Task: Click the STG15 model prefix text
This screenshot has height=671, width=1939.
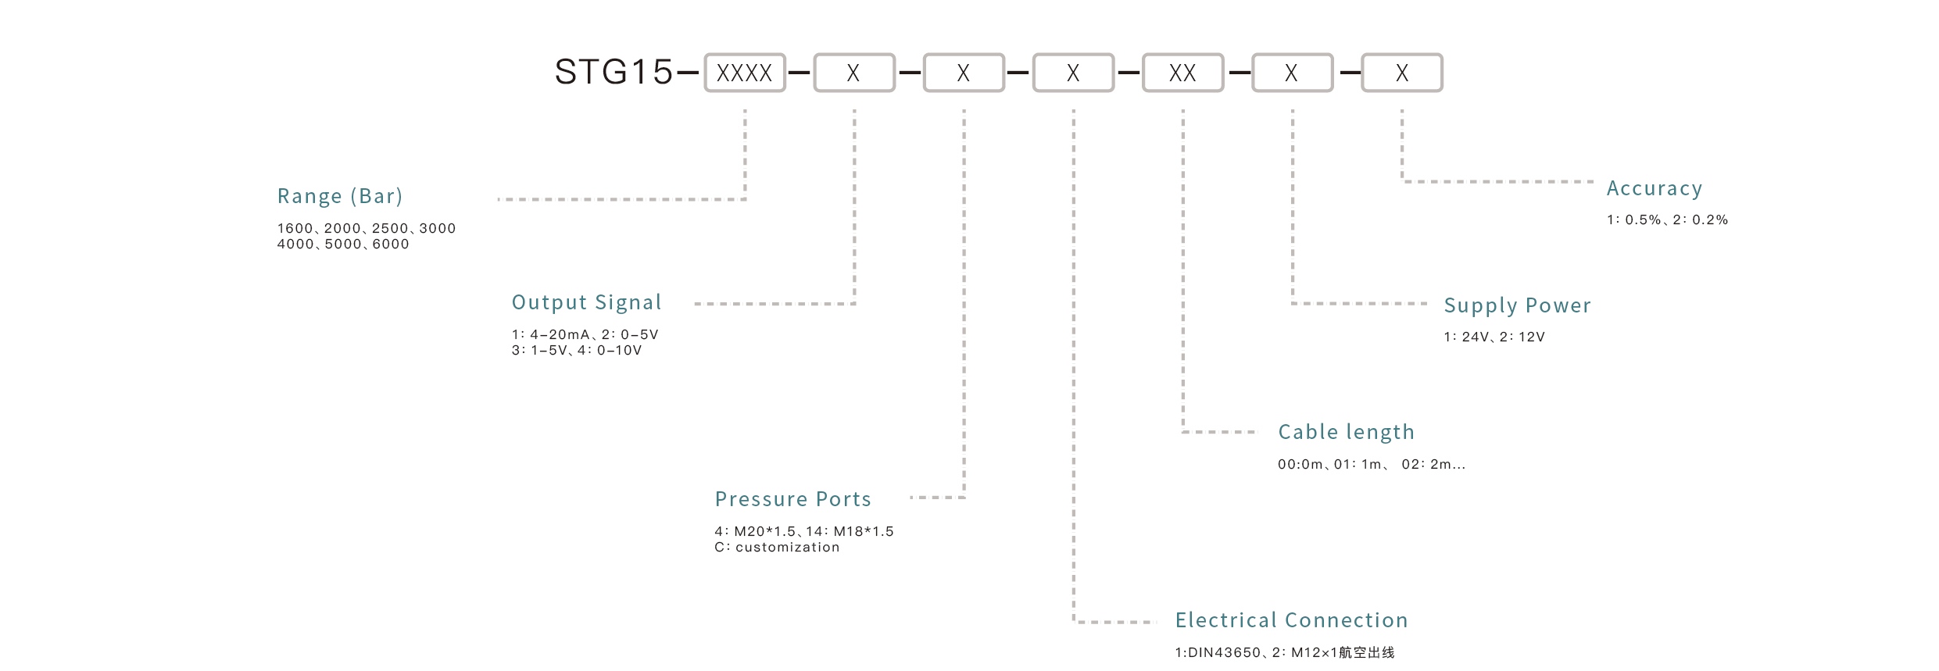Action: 614,72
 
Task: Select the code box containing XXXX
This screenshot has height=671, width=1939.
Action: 744,73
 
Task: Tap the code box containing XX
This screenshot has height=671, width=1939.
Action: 1182,73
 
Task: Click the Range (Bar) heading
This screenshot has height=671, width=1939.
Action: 340,196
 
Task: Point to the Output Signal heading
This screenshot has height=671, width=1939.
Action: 586,302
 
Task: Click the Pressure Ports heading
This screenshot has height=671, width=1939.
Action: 792,499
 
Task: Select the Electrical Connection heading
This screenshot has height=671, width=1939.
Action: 1291,620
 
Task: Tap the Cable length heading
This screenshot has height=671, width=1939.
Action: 1346,432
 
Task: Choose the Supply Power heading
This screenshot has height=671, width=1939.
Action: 1517,305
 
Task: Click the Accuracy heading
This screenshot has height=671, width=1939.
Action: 1654,188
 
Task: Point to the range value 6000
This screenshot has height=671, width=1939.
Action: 391,244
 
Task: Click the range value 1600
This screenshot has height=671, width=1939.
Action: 295,229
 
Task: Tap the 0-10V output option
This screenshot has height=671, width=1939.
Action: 618,351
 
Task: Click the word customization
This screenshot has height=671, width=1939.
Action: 787,548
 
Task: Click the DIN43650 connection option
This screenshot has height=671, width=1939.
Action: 1224,653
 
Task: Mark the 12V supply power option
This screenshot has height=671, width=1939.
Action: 1531,337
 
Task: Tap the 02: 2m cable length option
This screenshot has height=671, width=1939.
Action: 1433,465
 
